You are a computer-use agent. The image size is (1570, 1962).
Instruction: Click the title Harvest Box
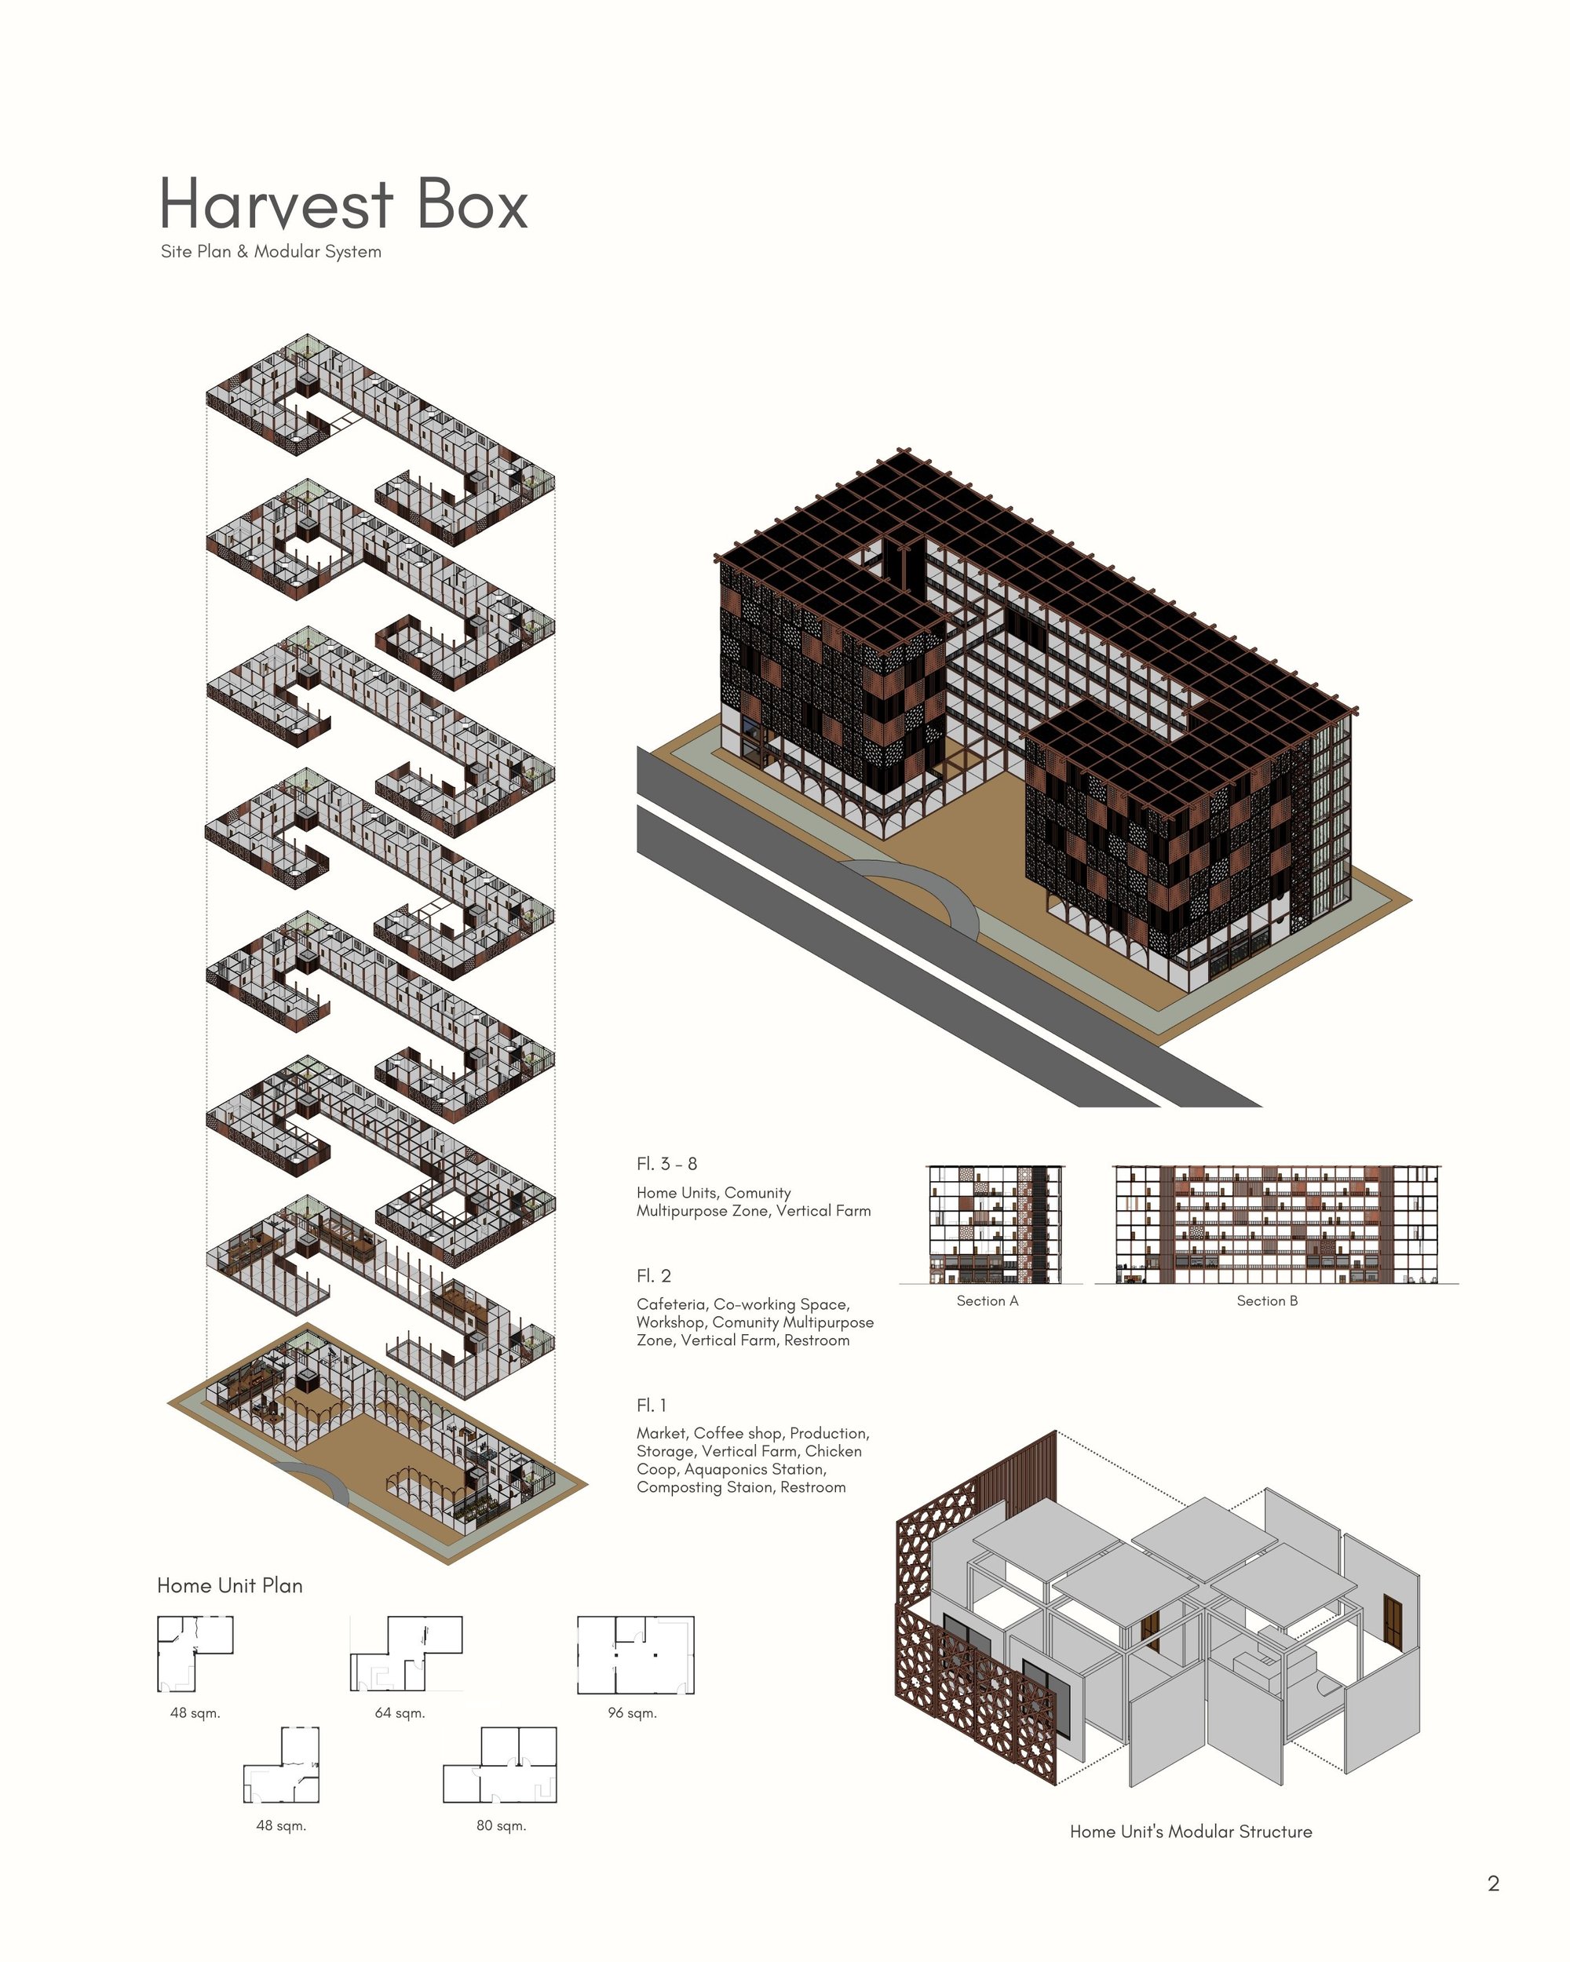coord(343,203)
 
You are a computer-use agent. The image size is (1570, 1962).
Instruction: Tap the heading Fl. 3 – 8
coord(666,1164)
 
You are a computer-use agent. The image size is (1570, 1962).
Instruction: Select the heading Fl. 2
coord(653,1276)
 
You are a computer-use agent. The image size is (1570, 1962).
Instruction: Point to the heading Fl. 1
coord(651,1405)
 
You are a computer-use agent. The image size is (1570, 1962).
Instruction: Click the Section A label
coord(988,1301)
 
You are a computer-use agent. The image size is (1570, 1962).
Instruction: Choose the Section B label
coord(1267,1301)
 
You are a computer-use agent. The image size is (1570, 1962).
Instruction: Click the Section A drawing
coord(995,1224)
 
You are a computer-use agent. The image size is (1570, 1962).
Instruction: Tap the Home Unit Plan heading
coord(229,1585)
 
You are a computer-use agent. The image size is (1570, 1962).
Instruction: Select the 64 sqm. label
coord(400,1712)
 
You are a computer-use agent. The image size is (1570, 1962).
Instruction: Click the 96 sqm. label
coord(632,1712)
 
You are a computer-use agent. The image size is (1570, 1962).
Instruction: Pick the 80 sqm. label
coord(501,1825)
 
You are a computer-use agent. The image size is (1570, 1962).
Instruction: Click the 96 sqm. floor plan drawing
coord(635,1655)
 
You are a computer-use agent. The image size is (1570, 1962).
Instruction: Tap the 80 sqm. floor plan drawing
coord(500,1764)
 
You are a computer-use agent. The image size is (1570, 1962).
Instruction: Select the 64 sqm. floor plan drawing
coord(407,1654)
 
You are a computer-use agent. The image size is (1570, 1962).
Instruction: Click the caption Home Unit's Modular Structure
coord(1191,1831)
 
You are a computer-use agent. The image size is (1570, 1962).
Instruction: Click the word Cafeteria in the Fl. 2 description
coord(670,1305)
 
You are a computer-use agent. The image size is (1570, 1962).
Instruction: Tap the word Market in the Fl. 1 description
coord(661,1433)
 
